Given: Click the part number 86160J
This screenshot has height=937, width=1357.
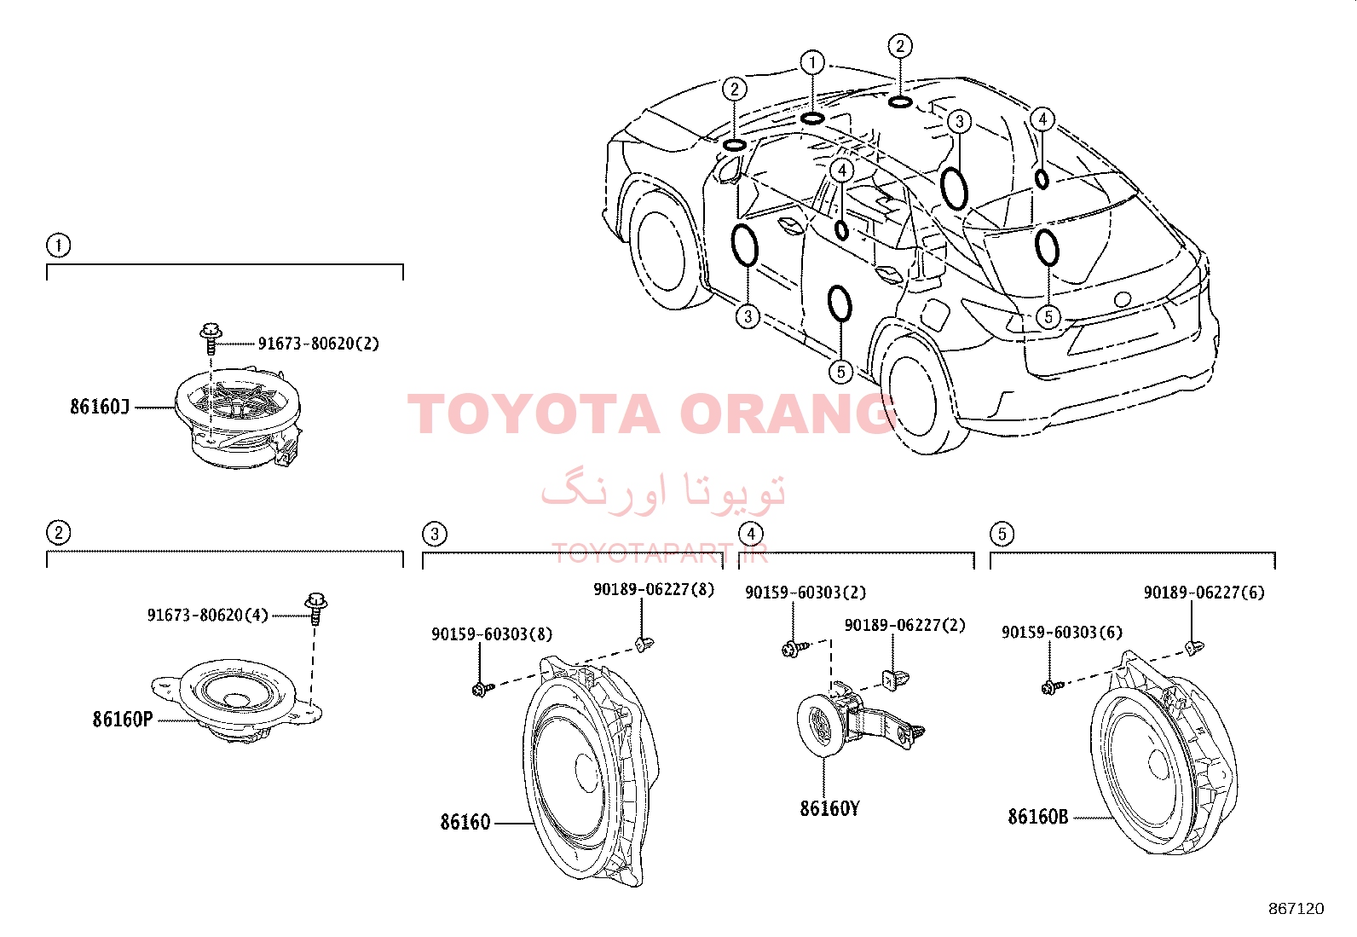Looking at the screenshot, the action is pos(100,407).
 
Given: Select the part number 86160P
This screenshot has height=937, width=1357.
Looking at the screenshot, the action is pos(123,720).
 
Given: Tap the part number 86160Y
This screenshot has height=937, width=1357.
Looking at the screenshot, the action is pos(830,808).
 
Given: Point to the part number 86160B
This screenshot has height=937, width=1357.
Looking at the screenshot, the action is pos(1038,817).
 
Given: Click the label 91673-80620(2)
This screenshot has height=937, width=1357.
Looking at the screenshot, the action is pos(319,344).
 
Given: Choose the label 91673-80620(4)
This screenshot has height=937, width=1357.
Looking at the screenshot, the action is pos(208,616).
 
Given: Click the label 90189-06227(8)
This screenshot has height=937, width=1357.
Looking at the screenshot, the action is pos(655,589).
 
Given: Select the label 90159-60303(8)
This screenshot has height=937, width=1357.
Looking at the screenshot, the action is pos(492,634).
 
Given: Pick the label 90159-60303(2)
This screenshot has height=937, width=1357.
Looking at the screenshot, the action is pos(806,593).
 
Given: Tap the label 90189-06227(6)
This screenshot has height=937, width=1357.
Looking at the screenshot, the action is pos(1204,593).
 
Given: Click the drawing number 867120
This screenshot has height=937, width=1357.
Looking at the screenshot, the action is pos(1296,909).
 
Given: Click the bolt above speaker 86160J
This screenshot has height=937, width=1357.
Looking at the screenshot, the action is pos(211,338).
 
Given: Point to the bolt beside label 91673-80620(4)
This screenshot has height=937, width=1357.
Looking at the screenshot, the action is pos(315,609).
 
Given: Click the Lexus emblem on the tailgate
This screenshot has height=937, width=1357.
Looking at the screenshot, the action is pos(1122,299).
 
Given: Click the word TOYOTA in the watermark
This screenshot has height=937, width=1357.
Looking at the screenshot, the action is pos(534,414).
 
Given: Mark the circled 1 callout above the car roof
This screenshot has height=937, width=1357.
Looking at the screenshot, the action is pos(812,62).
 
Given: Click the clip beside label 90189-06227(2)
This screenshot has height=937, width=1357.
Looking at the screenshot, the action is pos(895,679).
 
